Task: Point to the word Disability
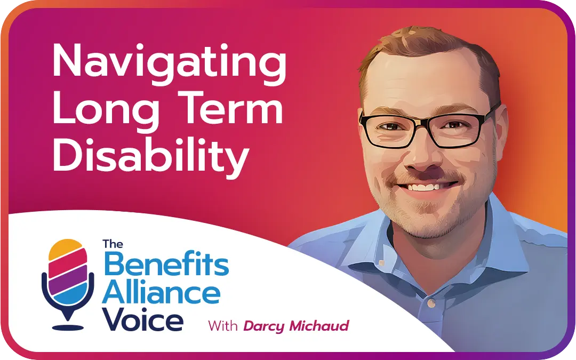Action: [151, 155]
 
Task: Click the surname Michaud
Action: [320, 325]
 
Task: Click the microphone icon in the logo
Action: [68, 283]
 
